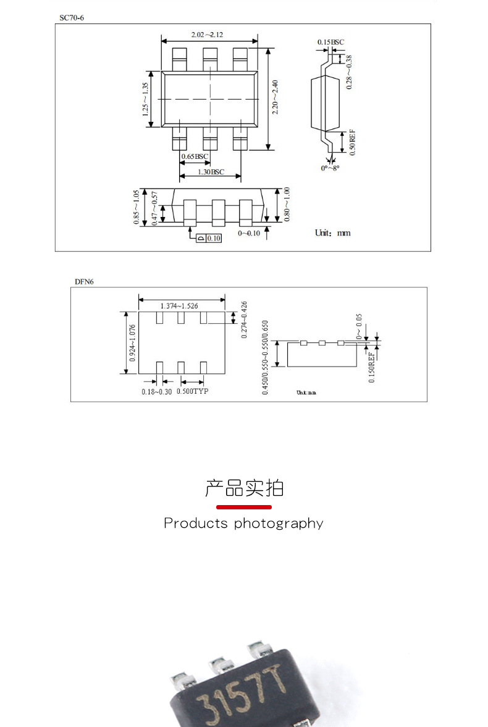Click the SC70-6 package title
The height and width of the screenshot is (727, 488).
point(72,18)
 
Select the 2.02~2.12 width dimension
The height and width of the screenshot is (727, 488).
point(207,35)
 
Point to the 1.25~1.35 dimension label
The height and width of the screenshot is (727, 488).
point(146,100)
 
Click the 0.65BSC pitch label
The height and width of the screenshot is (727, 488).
point(195,156)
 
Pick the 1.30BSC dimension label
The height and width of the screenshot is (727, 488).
point(211,172)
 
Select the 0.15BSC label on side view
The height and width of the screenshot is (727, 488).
point(330,42)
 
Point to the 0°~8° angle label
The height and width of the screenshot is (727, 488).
point(330,168)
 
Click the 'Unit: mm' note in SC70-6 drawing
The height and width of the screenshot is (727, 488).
point(333,232)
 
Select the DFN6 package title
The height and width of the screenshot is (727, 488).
point(84,282)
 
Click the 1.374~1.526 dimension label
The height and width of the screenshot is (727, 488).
point(183,306)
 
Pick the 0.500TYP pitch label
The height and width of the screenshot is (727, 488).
point(193,391)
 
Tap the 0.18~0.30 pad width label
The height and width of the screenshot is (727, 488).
point(157,391)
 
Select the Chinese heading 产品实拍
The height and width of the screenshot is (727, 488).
point(244,488)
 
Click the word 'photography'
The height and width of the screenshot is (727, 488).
point(278,524)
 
